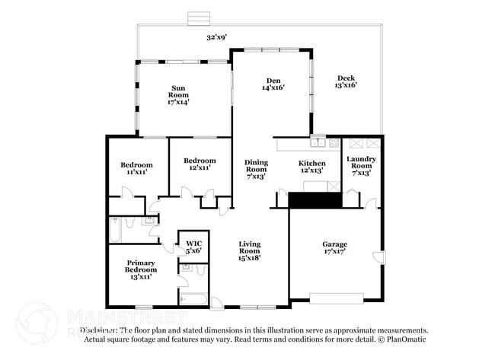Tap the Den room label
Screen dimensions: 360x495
274,84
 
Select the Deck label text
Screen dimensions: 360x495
346,81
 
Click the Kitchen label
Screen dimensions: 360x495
311,167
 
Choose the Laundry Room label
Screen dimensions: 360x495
361,166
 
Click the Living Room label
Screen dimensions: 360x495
249,250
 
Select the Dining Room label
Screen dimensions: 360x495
256,168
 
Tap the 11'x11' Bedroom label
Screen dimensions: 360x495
136,168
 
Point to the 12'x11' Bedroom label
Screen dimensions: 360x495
200,164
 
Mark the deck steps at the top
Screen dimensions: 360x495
200,17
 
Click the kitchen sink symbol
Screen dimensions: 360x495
319,142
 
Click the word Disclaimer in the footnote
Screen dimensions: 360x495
98,331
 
